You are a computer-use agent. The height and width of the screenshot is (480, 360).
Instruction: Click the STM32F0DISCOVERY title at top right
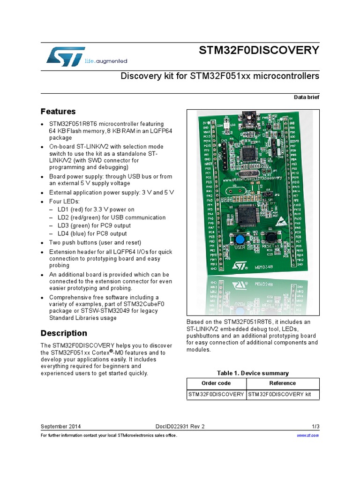tap(260, 50)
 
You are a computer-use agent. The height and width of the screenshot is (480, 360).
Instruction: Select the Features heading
tap(58, 112)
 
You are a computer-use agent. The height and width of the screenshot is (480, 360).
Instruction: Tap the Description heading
tap(64, 333)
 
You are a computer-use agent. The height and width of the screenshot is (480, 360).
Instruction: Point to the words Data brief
tap(307, 97)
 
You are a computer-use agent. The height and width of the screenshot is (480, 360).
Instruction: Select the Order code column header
tap(216, 383)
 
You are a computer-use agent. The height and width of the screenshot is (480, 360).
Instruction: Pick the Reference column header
tap(283, 383)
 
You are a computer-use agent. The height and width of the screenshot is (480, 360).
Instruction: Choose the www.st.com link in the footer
tap(308, 435)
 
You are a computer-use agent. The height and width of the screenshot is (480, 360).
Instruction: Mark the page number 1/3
tap(315, 426)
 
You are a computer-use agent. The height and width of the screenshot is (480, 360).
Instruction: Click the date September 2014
tap(60, 426)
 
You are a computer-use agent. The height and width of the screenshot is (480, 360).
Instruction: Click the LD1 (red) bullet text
tap(96, 210)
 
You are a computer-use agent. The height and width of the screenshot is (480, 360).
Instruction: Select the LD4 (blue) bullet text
tap(92, 233)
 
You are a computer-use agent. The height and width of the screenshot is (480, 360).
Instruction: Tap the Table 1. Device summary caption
tap(253, 373)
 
